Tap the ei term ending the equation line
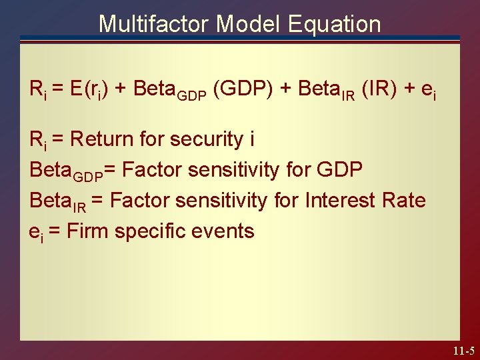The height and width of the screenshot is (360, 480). click(429, 91)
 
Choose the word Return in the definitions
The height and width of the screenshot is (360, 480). click(101, 139)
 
